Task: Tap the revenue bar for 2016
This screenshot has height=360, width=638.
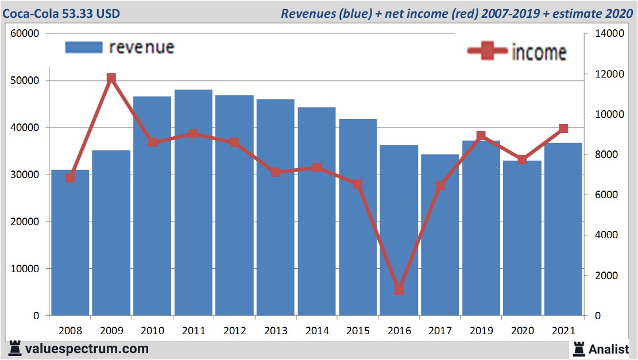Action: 399,230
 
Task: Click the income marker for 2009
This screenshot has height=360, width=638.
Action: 111,78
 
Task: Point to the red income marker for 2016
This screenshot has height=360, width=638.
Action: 399,290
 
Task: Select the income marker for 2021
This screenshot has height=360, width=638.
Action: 563,129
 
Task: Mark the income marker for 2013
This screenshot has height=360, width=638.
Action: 276,172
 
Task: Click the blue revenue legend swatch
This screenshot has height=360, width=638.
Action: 84,47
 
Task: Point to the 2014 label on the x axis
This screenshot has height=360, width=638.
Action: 317,331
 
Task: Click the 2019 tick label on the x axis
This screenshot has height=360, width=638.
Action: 481,331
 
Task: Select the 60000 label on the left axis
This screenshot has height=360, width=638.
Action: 25,33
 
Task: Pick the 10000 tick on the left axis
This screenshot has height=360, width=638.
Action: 25,269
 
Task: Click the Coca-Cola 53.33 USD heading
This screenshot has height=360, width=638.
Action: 61,13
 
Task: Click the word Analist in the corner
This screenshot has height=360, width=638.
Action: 609,349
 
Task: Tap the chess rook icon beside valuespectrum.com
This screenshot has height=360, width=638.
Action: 16,348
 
